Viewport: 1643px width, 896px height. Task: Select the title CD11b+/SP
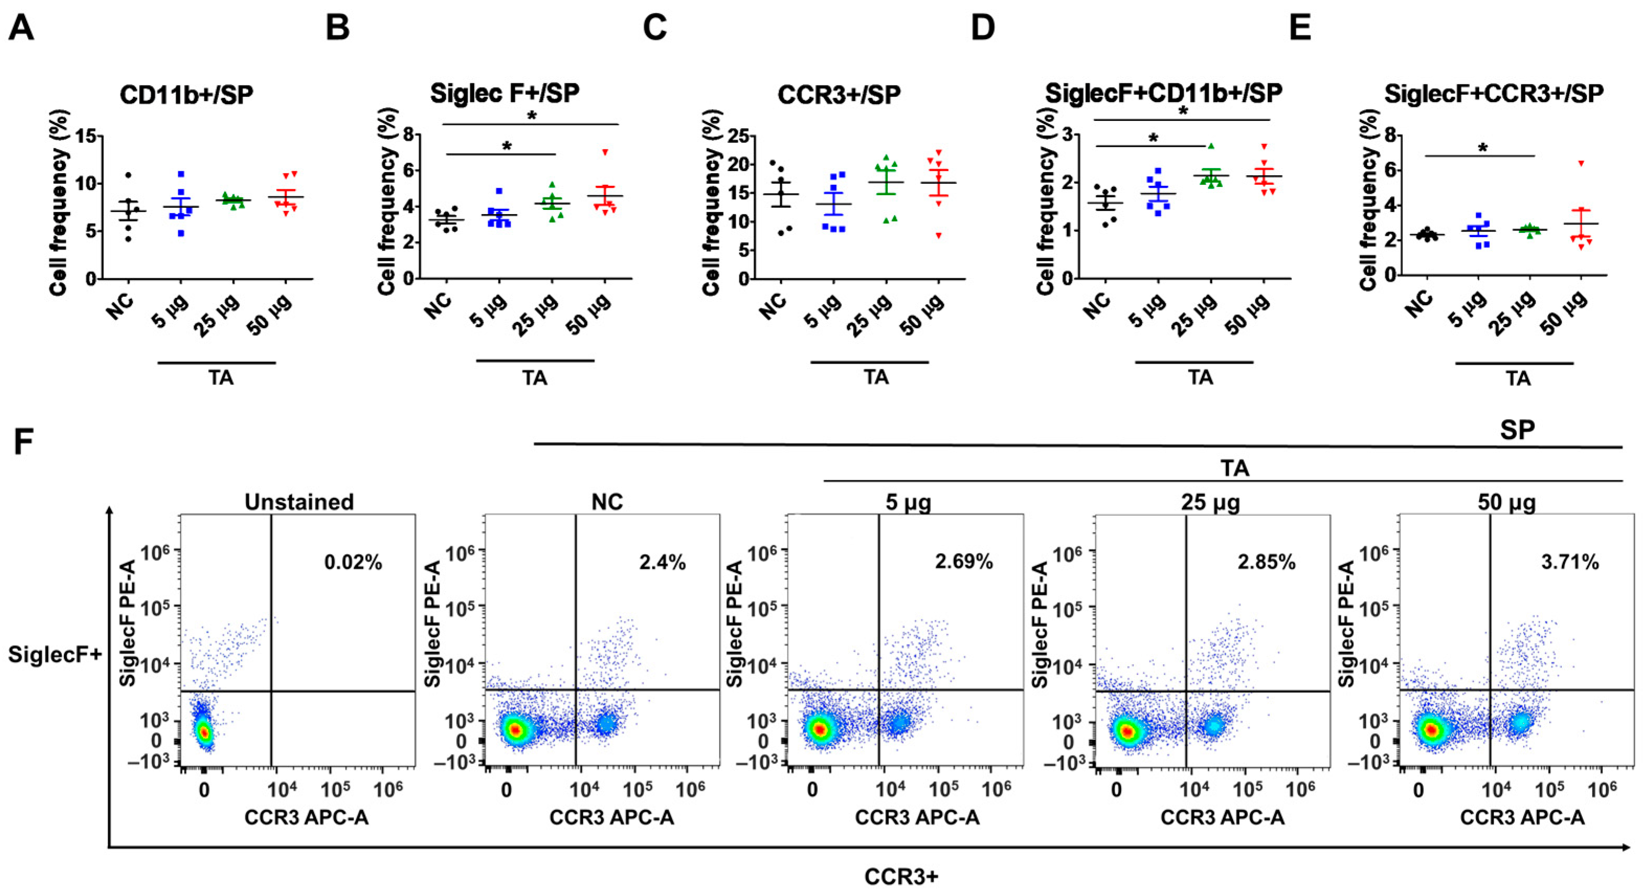[186, 94]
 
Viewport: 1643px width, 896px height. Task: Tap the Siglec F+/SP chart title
[504, 93]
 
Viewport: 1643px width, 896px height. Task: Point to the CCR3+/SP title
[839, 94]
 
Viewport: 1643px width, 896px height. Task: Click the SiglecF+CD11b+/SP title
[1163, 93]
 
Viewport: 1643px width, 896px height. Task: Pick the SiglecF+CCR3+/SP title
[1494, 93]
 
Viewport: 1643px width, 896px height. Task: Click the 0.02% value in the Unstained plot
[353, 562]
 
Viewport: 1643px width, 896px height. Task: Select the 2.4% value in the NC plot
[662, 562]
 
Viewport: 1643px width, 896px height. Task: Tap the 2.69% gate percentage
[964, 562]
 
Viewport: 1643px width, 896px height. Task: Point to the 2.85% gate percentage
[1266, 562]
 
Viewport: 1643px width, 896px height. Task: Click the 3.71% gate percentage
[1570, 562]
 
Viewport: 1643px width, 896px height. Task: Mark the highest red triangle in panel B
[605, 152]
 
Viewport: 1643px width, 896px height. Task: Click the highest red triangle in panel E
[1581, 163]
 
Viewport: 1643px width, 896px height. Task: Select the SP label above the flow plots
[1517, 430]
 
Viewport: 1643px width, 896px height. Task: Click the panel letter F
[23, 442]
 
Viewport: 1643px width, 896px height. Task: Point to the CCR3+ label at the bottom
[901, 877]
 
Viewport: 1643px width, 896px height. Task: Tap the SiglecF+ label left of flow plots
[55, 654]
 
